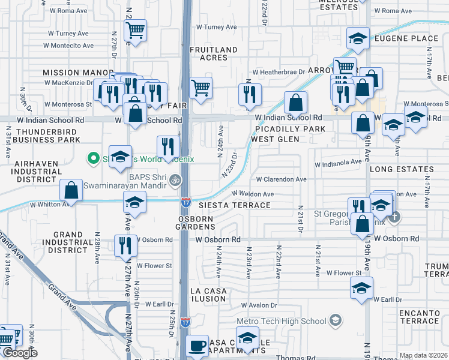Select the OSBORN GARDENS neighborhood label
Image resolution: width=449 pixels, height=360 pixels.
coord(195,223)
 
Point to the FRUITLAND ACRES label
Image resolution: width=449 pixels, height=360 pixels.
coord(209,54)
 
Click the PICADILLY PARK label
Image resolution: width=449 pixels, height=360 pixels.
coord(290,129)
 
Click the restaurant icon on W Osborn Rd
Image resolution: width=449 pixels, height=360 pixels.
coord(125,244)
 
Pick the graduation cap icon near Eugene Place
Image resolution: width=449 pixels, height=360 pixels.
coord(358,39)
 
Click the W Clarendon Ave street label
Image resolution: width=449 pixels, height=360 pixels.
coord(282,179)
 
